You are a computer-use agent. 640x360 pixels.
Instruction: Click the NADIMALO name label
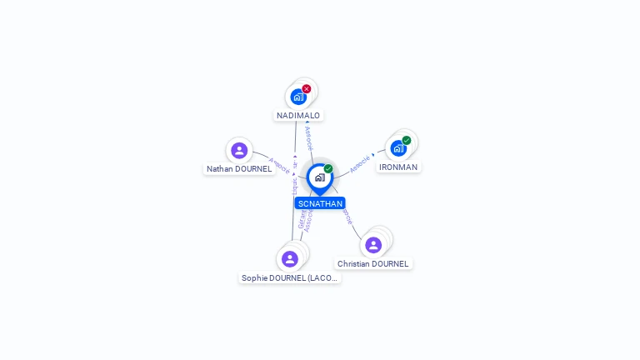coord(298,116)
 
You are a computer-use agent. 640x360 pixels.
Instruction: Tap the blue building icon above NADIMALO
coord(298,97)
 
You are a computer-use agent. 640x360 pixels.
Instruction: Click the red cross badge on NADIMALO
coord(307,89)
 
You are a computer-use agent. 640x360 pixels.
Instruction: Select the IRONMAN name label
coord(398,167)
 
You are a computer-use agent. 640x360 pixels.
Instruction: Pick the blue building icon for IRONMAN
coord(398,148)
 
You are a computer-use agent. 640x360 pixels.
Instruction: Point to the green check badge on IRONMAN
coord(407,141)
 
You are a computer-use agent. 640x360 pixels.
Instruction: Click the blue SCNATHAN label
coord(319,203)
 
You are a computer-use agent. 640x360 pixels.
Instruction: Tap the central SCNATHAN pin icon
coord(319,177)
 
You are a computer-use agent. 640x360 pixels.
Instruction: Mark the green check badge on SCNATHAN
coord(328,169)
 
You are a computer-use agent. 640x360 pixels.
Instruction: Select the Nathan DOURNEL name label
coord(239,169)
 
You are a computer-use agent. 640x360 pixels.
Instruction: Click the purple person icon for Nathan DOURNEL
coord(239,150)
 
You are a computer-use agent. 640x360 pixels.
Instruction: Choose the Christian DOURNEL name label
coord(372,264)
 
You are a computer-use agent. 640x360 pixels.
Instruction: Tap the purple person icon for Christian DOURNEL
coord(372,245)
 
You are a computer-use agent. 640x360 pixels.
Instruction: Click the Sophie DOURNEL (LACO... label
coord(289,278)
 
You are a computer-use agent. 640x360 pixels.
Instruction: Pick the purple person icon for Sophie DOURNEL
coord(289,258)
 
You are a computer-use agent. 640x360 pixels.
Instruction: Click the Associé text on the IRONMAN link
coord(359,164)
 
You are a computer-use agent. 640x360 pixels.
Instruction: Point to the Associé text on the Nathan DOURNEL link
coord(280,165)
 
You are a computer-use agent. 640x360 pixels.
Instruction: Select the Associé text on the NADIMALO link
coord(309,137)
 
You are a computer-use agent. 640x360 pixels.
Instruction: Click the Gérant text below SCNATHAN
coord(301,218)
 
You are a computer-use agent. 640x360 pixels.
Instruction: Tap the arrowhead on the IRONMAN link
coord(373,155)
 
